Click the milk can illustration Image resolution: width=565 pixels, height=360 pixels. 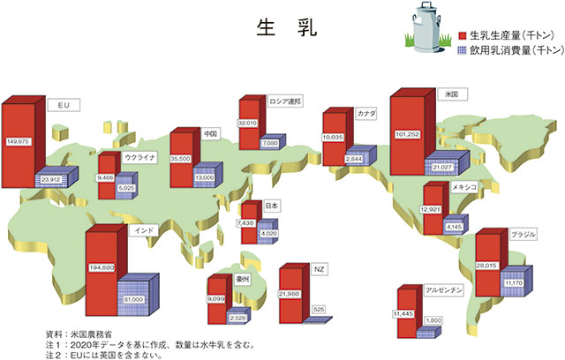pos(428,27)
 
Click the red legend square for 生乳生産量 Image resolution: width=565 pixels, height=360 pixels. pos(463,35)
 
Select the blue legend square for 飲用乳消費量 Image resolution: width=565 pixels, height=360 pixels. pos(463,50)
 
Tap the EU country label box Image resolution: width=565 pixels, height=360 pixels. pos(64,105)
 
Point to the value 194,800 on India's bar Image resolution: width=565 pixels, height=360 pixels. pos(102,267)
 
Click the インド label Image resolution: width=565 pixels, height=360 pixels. pos(144,230)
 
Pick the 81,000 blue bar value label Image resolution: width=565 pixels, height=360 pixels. pos(133,299)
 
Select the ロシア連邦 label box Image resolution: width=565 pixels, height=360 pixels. pos(284,101)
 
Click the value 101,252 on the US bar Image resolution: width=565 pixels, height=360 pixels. pos(408,134)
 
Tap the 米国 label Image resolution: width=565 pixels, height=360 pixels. pos(452,94)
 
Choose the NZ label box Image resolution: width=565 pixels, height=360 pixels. pos(320,269)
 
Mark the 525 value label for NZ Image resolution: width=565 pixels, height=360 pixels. pos(319,309)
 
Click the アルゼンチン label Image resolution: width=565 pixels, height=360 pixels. pos(443,290)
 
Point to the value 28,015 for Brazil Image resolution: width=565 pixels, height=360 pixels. pos(486,266)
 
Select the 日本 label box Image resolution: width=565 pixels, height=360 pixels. pos(272,206)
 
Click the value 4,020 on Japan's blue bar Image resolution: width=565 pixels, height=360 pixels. pos(269,233)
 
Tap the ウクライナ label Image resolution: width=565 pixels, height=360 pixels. pos(140,157)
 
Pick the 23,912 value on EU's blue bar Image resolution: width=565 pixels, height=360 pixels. pos(51,179)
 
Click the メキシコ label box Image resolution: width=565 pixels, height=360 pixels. pos(464,187)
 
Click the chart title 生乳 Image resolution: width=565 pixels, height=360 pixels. pos(287,27)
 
